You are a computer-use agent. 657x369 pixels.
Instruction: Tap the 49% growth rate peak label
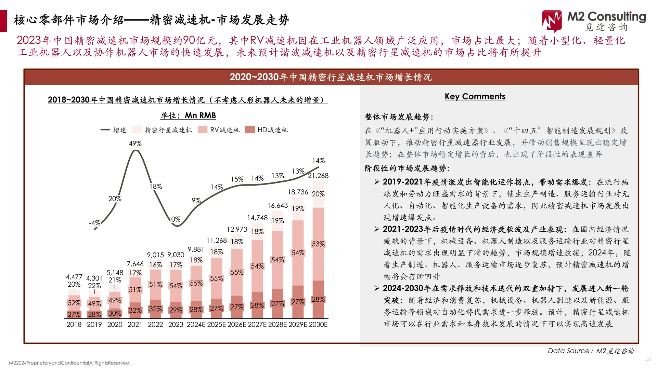[x=135, y=143]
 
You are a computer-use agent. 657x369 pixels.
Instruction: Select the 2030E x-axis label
[x=318, y=325]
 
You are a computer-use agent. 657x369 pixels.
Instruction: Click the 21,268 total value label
[x=318, y=176]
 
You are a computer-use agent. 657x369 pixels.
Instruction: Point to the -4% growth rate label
[x=94, y=223]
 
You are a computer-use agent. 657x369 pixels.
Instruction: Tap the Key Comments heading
[x=475, y=96]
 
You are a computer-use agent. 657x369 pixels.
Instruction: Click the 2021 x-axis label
[x=135, y=325]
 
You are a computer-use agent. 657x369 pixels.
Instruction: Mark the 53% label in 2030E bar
[x=318, y=244]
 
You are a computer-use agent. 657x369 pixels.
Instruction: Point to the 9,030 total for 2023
[x=176, y=255]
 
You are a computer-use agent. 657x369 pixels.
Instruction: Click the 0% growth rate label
[x=176, y=219]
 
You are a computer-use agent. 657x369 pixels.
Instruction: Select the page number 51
[x=648, y=359]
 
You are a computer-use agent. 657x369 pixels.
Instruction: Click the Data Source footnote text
[x=591, y=351]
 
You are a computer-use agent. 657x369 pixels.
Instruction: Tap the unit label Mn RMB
[x=188, y=115]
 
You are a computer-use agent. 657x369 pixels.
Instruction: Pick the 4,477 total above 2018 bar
[x=74, y=277]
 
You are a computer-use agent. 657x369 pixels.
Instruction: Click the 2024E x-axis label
[x=196, y=325]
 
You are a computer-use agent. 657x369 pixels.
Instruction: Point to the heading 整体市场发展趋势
[x=399, y=117]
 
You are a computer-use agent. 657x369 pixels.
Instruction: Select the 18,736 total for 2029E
[x=298, y=192]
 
